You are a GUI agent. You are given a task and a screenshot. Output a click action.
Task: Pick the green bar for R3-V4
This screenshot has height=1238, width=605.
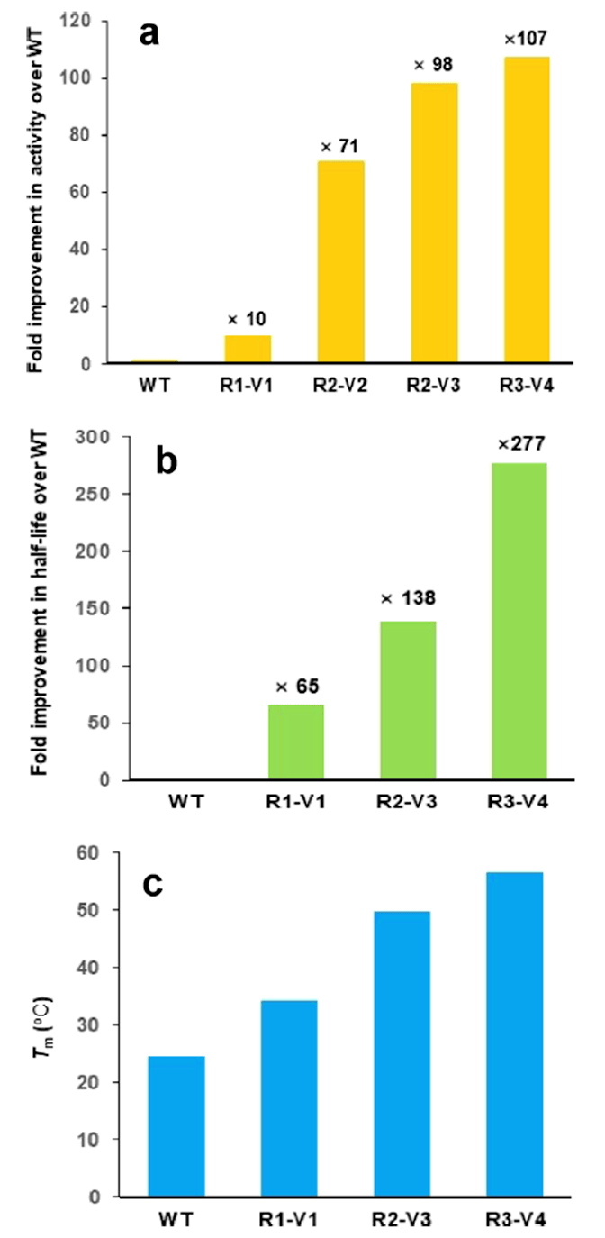pyautogui.click(x=519, y=621)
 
